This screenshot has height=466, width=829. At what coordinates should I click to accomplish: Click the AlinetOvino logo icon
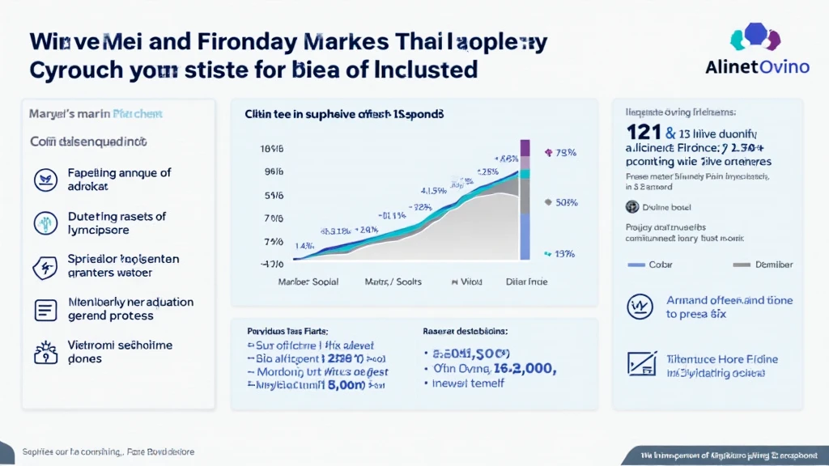(755, 37)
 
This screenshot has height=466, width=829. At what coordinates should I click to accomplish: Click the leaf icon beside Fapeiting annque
(43, 179)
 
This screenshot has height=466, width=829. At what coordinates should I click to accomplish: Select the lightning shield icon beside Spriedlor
(43, 266)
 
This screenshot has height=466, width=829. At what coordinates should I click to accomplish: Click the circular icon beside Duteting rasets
(43, 222)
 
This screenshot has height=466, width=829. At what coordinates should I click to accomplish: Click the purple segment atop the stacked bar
(524, 147)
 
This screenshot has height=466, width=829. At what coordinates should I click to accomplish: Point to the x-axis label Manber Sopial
(308, 282)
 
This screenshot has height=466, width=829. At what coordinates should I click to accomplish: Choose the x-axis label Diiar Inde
(526, 282)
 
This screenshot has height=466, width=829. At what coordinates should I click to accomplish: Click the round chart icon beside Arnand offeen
(640, 306)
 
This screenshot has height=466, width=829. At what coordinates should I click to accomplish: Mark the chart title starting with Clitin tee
(345, 115)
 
